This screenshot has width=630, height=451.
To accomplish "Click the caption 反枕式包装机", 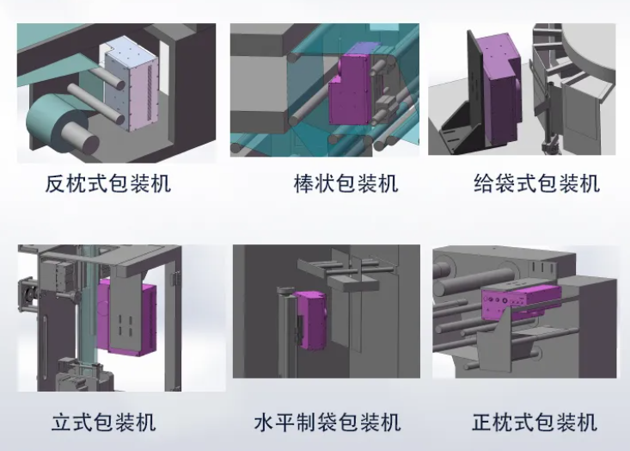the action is click(107, 183).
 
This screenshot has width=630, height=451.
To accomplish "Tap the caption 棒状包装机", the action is click(346, 183).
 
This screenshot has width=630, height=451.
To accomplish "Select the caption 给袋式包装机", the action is click(537, 183).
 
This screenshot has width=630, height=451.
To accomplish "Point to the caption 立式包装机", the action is click(104, 423).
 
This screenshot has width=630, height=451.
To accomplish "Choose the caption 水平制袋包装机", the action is click(327, 423).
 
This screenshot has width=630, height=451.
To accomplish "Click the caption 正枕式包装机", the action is click(535, 423).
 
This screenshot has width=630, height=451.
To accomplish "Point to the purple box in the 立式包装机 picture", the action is click(127, 318).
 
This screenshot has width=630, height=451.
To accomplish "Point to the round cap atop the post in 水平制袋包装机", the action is click(286, 290).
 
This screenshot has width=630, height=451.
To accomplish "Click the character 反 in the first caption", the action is click(55, 183).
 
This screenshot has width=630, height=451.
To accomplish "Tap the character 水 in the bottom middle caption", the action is click(265, 423).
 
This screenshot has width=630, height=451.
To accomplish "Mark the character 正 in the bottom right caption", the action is click(482, 423).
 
